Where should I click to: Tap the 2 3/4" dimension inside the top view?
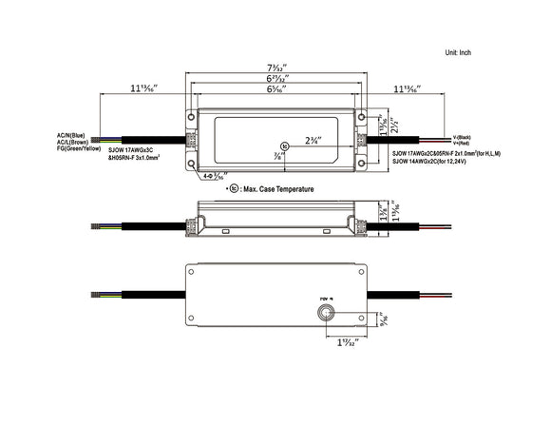click(312, 139)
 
